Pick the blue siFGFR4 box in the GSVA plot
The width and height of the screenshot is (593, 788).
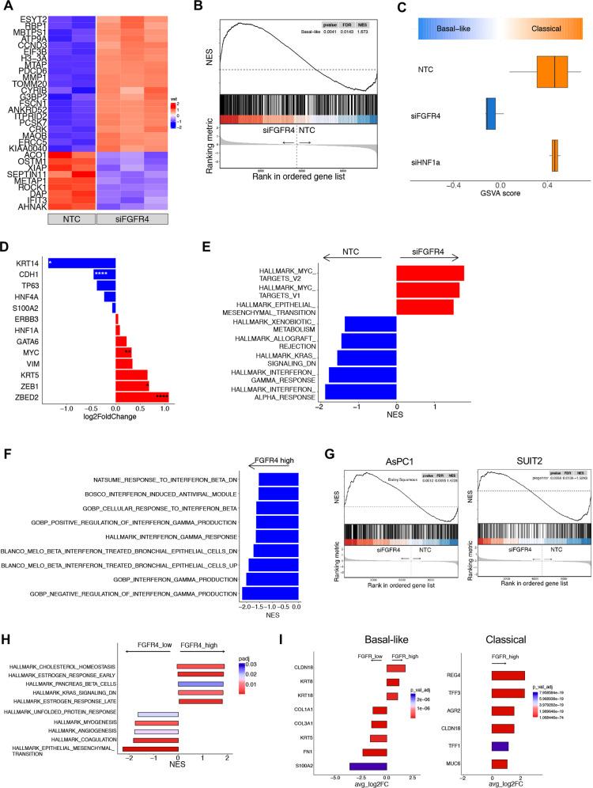click(x=490, y=114)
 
